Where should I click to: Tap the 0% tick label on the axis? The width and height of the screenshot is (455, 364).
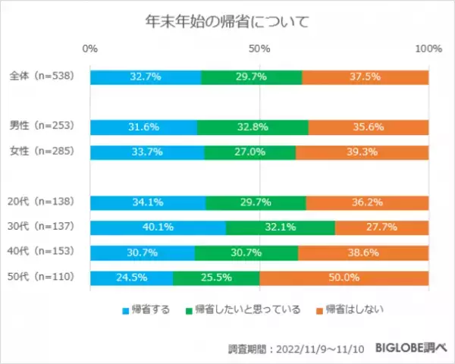[89, 49]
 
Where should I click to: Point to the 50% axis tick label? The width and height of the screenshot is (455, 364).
[259, 49]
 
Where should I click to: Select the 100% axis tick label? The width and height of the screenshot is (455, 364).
[429, 49]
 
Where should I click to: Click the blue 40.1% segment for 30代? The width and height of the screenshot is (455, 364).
[158, 227]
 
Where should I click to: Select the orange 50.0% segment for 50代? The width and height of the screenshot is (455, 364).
[344, 278]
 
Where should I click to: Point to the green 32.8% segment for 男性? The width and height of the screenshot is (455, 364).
[253, 127]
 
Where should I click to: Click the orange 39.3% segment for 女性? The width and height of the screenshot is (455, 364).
[362, 152]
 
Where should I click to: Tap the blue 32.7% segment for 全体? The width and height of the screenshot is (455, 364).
[146, 77]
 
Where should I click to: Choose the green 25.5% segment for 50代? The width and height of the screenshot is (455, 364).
[216, 278]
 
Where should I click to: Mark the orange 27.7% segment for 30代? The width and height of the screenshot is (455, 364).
[381, 227]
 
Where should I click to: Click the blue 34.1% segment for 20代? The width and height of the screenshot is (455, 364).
[148, 202]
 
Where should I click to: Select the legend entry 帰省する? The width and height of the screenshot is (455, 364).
[145, 309]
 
